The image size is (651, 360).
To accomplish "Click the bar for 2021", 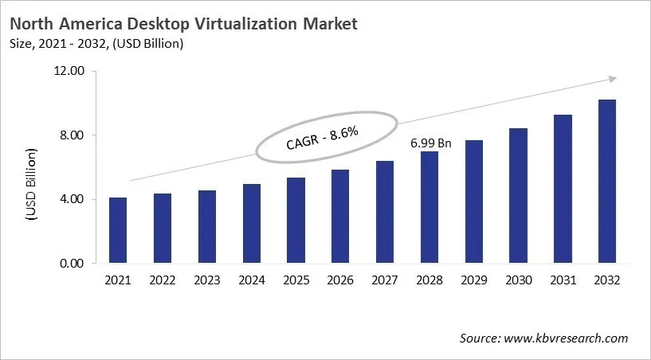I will [118, 230].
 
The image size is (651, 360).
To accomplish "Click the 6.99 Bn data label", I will [430, 144].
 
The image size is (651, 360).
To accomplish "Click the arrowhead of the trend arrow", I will [612, 78].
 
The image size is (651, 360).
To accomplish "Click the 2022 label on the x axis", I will [163, 280].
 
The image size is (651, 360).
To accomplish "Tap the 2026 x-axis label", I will [340, 280].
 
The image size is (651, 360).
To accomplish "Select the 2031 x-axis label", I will [563, 280].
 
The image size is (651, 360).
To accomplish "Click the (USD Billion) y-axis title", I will [32, 183].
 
